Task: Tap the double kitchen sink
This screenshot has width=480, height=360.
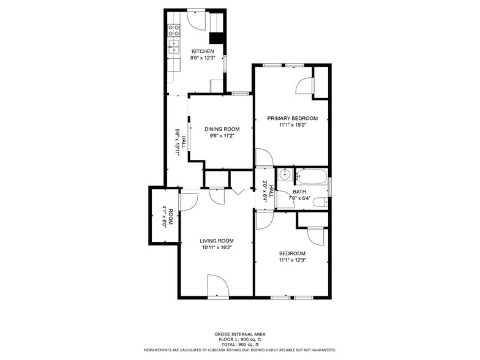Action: pos(174,46)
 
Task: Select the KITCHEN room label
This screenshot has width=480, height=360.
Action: pos(203,51)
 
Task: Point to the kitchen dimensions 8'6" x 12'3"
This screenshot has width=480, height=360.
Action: pos(203,58)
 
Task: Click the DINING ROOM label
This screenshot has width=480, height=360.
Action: pos(222,129)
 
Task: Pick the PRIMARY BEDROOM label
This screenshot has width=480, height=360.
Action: pos(292,118)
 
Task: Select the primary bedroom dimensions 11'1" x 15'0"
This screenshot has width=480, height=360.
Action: pos(292,125)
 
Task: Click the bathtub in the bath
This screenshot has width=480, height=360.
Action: pos(312,177)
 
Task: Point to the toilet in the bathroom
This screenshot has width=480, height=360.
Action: pos(320,201)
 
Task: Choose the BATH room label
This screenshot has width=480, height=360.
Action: pos(299,192)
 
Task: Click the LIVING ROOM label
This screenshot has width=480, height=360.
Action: pos(216,241)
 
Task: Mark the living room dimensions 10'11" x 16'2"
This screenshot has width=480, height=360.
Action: pos(216,247)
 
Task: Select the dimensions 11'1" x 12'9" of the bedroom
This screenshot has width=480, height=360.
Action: pos(292,260)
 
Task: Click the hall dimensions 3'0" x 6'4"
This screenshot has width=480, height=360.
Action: pos(264,192)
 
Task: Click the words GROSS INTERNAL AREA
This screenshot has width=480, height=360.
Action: pos(239,334)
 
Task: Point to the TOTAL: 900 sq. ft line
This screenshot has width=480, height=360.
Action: pos(239,344)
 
